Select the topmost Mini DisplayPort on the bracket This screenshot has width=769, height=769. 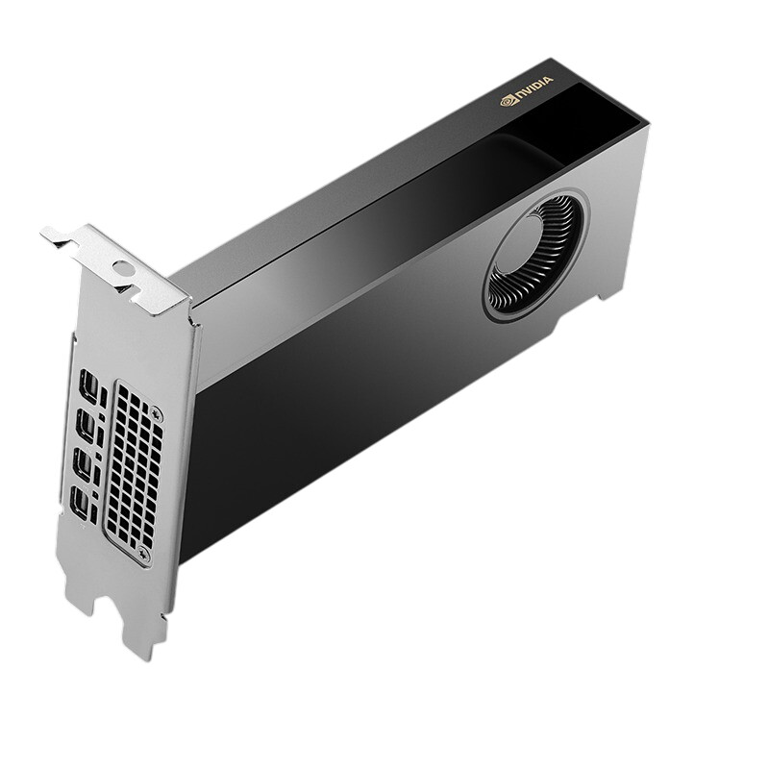tap(87, 386)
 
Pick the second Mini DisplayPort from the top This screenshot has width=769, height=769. tap(86, 427)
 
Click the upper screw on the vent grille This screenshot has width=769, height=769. tap(157, 415)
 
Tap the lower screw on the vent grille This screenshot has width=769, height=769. tap(143, 554)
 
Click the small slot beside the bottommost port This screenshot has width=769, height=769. tap(93, 510)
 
